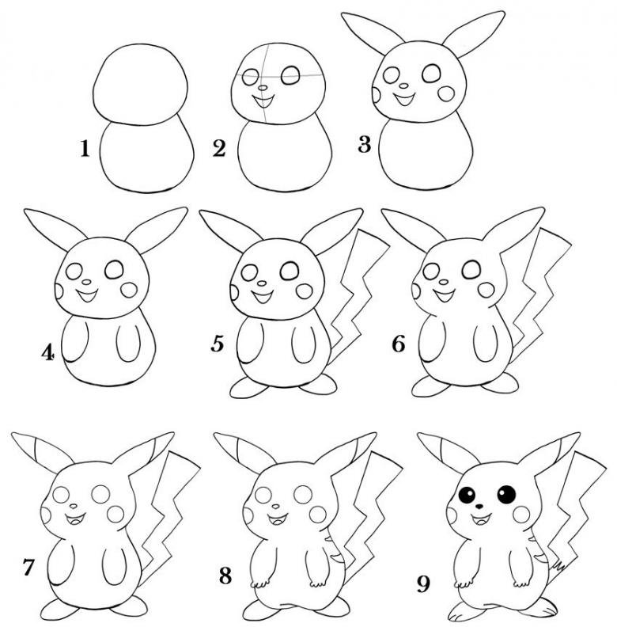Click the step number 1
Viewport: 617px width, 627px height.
(85, 148)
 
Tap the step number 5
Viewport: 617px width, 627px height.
(218, 344)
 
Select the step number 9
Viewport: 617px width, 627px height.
(422, 584)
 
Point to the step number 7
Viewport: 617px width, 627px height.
(28, 568)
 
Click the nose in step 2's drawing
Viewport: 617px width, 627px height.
(262, 87)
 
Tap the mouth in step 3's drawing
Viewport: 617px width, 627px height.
(403, 99)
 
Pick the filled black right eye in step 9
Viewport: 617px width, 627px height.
(507, 494)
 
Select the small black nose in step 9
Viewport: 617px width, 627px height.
(479, 507)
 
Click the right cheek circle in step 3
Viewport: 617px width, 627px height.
(446, 93)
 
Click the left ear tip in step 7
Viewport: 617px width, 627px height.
(13, 434)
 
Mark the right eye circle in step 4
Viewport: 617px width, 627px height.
(115, 270)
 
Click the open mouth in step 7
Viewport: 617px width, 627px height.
(74, 519)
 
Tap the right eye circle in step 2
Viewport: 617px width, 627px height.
(290, 75)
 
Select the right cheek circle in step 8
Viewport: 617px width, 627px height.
(318, 515)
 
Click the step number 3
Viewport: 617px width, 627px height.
(364, 145)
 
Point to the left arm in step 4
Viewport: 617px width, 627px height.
(74, 340)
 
